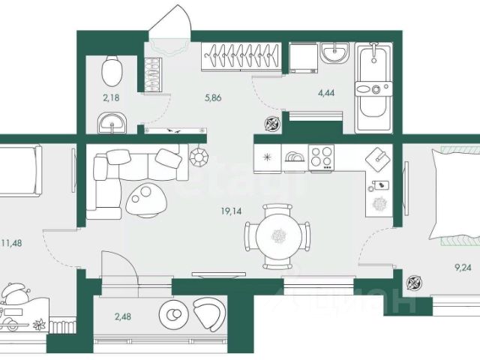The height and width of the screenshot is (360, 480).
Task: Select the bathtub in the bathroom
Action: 371,88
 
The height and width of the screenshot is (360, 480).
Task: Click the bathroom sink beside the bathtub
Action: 333,54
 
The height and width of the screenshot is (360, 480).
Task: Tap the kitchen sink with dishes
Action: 295,159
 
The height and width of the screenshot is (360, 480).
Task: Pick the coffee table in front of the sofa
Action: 147,198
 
